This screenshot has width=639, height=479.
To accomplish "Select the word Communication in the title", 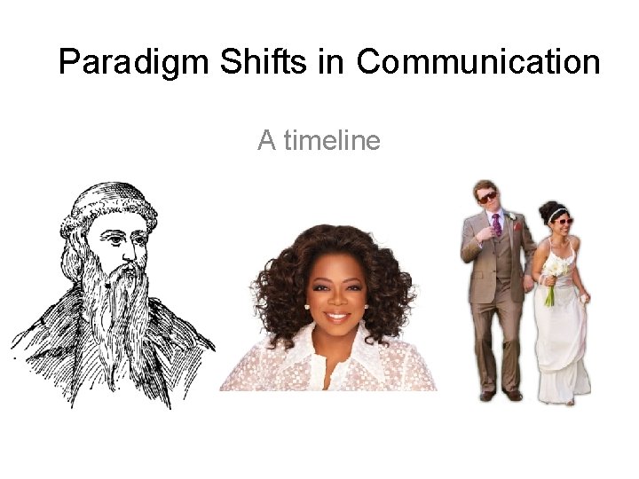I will [478, 62].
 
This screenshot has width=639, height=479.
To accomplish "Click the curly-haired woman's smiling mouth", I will [336, 314].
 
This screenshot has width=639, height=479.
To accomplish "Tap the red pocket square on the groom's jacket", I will [518, 226].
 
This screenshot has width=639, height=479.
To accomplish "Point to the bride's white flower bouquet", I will [555, 271].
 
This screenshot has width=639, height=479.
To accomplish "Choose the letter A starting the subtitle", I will [266, 140].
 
